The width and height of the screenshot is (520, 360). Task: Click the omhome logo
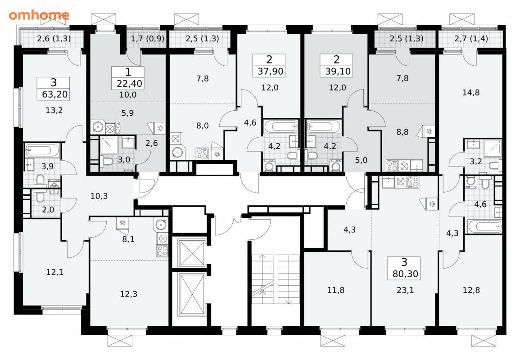point(39,15)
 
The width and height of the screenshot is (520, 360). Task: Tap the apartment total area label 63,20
point(55,94)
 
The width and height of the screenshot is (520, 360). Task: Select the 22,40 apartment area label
point(129,84)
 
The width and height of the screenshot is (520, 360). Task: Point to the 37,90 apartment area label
point(270,71)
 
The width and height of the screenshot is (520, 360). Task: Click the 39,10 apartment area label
point(338,71)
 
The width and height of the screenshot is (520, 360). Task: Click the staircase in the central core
point(276,279)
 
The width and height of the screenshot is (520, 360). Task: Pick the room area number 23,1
point(405,290)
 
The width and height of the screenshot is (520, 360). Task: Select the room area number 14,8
point(471,93)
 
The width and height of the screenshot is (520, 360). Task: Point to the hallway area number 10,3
point(99,196)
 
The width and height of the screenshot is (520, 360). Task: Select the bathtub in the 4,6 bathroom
point(484,227)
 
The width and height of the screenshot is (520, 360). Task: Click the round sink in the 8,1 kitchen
point(161,225)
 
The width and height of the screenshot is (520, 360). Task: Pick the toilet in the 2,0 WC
point(39,197)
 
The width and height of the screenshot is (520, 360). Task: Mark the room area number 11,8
point(336,290)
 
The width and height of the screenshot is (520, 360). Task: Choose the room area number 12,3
point(129,294)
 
